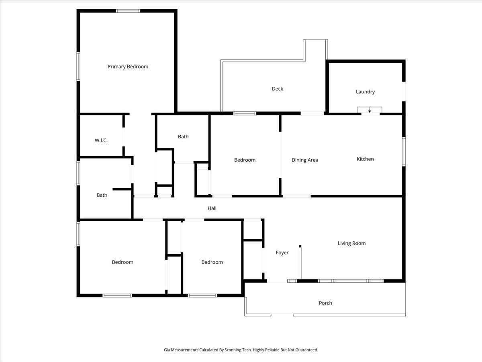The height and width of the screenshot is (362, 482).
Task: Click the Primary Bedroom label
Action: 128,67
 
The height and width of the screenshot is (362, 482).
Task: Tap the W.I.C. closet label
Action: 101,140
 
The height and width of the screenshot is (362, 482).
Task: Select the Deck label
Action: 277,89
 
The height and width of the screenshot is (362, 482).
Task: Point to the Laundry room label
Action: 365,92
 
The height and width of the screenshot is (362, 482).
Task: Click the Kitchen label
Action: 365,159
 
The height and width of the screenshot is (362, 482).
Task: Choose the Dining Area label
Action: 304,160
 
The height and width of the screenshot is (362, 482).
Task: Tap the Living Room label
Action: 351,243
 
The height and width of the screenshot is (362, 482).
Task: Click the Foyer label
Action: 282,253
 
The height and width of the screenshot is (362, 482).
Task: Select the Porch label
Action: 325,303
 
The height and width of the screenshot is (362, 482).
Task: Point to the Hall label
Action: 212,208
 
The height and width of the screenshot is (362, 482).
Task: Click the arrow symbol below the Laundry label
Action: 370,110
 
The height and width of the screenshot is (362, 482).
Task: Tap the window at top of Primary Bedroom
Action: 128,11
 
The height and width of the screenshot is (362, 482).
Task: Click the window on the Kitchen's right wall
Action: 404,152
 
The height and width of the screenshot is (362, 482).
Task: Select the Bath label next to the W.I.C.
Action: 183,137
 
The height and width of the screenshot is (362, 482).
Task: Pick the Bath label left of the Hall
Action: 102,195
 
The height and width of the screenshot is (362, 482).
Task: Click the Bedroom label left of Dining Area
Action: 245,160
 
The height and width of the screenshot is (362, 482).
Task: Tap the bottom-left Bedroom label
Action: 123,262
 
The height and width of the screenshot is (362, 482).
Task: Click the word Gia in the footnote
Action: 167,350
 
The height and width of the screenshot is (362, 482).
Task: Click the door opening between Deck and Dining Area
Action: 312,113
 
